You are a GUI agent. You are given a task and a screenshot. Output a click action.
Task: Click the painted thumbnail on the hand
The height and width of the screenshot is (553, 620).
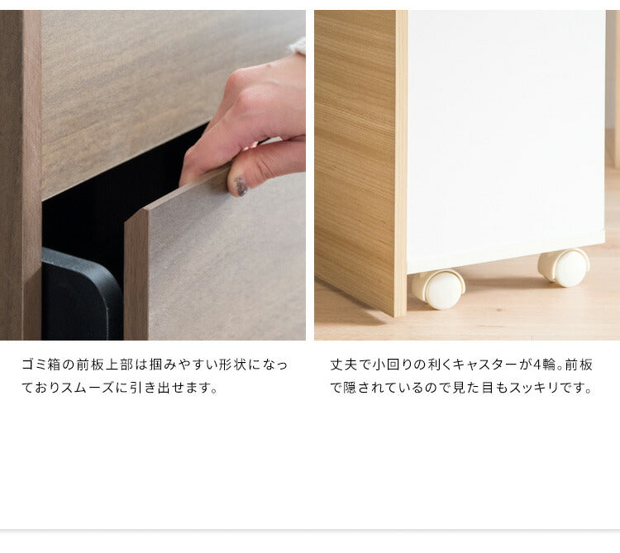[x=241, y=186]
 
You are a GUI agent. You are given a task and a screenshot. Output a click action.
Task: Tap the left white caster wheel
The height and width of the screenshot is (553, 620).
[x=438, y=289]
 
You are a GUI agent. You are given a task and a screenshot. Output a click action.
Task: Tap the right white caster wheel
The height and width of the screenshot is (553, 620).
[x=564, y=267]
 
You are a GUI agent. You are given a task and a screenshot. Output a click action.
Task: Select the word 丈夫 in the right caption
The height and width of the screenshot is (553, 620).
[x=344, y=365]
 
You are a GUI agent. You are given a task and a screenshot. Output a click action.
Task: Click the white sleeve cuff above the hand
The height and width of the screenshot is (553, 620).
[x=298, y=45]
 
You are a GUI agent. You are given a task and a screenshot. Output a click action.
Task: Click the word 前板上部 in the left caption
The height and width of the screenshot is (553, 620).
[x=105, y=365]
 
